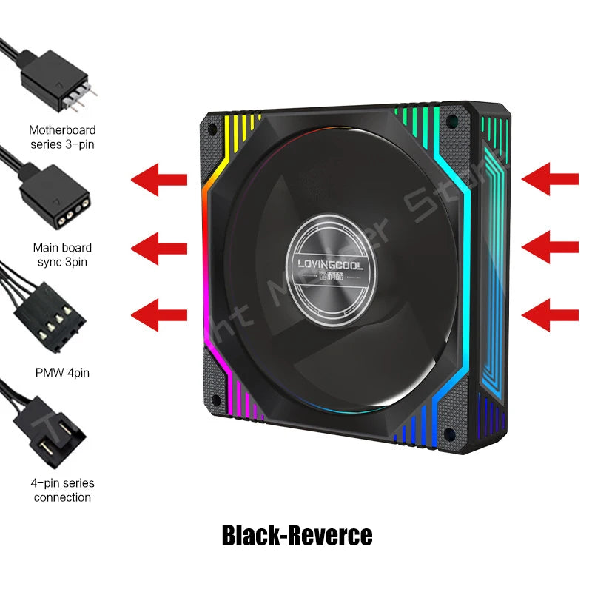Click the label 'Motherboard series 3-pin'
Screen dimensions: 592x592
(x=62, y=136)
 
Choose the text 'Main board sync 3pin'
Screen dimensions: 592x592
(x=62, y=255)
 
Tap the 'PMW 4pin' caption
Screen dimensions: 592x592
(x=62, y=373)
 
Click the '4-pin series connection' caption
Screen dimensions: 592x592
(x=62, y=490)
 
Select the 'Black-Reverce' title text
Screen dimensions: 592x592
(x=297, y=534)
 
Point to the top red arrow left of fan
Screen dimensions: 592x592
(x=159, y=178)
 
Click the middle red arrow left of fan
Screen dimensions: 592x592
(x=159, y=245)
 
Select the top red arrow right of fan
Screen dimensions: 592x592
(x=550, y=178)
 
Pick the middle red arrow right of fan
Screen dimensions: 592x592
(x=550, y=245)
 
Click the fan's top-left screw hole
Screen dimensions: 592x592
(x=213, y=129)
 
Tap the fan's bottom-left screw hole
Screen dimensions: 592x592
(x=215, y=400)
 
